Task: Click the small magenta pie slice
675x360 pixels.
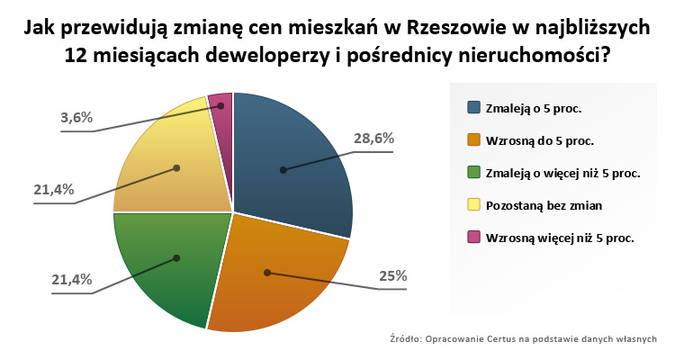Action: (221, 103)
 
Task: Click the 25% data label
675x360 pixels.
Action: (392, 276)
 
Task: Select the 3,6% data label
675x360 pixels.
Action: (76, 117)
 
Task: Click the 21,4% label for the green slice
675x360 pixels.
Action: (71, 279)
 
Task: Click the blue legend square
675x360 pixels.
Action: (473, 107)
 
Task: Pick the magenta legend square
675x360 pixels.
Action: (473, 238)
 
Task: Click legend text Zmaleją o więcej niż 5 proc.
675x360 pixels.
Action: (562, 173)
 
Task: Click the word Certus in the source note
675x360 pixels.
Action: (499, 338)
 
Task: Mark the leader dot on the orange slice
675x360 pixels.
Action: (266, 271)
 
